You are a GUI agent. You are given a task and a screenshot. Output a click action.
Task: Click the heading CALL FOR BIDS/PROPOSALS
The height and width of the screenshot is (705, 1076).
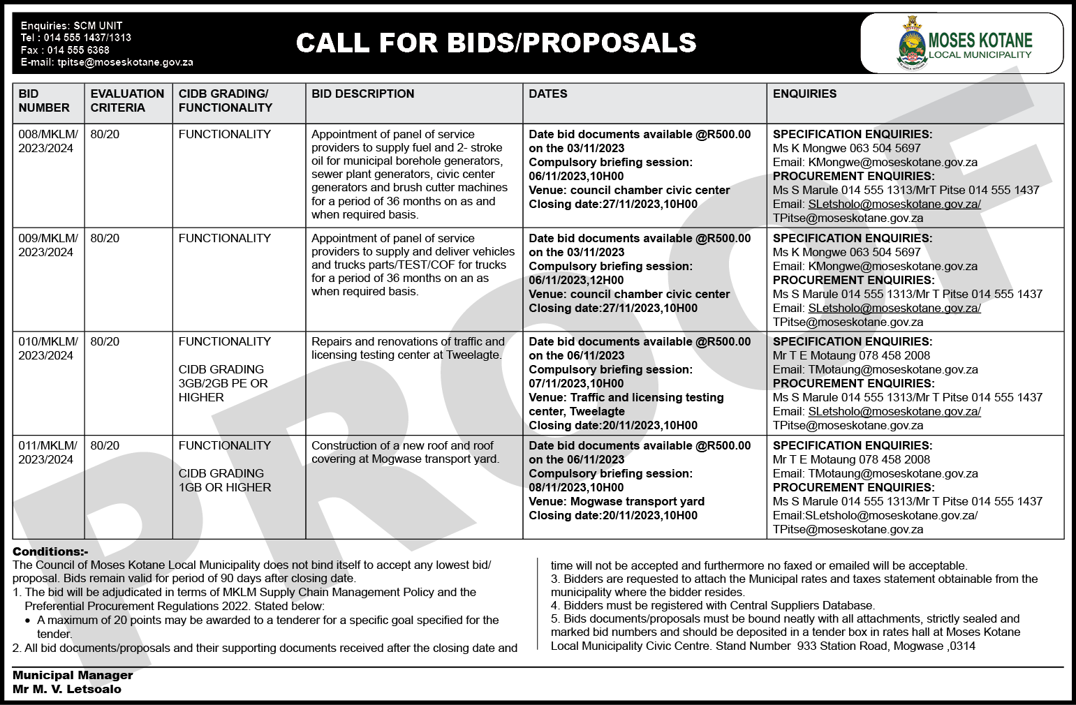pos(496,43)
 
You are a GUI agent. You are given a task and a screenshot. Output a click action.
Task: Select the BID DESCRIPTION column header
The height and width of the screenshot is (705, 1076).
pos(362,94)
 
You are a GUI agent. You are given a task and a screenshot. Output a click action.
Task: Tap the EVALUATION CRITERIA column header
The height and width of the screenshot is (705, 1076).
pos(127,101)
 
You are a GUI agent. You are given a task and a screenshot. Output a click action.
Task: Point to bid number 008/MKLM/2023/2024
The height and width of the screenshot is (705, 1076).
pos(47,141)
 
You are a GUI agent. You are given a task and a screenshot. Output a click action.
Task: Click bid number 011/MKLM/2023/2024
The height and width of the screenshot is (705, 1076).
pos(47,452)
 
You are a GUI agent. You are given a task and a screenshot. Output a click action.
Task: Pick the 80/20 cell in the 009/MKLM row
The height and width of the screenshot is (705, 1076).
pos(105,239)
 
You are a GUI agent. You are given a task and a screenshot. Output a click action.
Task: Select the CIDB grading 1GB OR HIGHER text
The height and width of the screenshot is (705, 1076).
pos(225,487)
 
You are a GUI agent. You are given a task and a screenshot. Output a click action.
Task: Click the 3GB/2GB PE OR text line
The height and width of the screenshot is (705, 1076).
pos(223,383)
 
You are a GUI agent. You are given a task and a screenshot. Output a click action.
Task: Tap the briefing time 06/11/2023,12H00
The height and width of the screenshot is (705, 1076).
pos(576,280)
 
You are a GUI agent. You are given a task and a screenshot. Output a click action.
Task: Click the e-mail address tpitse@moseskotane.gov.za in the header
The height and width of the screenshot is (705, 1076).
pos(125,62)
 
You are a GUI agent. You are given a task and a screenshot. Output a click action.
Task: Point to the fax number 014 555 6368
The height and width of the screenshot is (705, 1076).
pos(78,50)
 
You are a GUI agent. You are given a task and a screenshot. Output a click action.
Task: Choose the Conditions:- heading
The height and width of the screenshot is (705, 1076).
pos(50,551)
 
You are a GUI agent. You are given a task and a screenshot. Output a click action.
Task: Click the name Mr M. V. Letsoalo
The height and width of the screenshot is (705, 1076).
pos(67,689)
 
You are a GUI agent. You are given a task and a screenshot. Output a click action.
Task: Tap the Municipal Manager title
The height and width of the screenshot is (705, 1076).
pos(73,675)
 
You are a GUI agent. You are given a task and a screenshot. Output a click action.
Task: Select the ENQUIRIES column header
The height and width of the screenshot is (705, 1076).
pos(804,94)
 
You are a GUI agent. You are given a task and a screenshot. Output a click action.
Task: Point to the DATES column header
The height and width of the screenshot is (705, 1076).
pos(548,94)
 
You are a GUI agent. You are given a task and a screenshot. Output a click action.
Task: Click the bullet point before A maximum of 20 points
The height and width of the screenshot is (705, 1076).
pos(28,621)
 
